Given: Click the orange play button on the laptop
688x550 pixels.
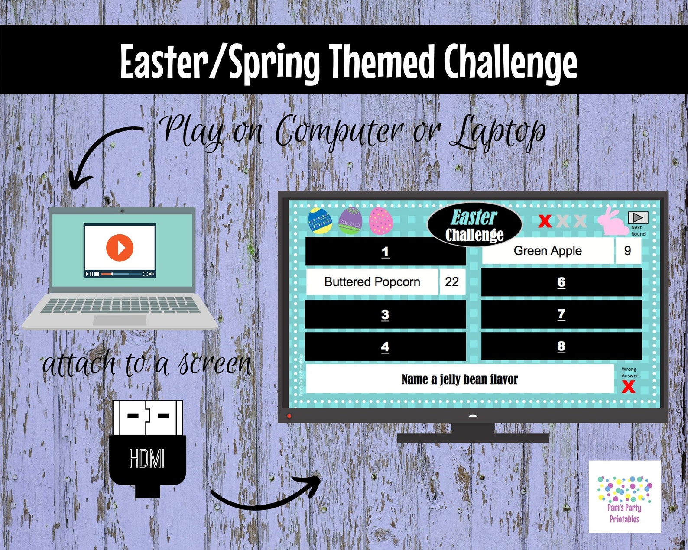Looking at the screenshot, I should (x=120, y=248).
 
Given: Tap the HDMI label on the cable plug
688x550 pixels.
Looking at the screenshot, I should (x=147, y=458).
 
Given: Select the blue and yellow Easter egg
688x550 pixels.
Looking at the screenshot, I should (x=320, y=220).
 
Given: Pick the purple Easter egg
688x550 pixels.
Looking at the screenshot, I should (x=350, y=221).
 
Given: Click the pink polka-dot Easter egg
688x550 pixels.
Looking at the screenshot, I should (x=381, y=221).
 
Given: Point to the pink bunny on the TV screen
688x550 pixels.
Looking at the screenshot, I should (x=612, y=222).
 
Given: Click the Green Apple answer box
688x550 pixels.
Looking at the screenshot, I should (x=548, y=251).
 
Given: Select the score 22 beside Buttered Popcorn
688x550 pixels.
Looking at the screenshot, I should (x=451, y=282).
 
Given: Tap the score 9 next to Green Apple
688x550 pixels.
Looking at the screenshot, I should (x=627, y=251).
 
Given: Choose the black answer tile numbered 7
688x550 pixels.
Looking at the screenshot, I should (x=561, y=314).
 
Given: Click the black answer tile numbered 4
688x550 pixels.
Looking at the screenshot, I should (x=385, y=346).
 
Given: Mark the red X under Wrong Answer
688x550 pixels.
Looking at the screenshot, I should (x=628, y=387).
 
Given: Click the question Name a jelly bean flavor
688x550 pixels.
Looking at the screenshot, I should (x=459, y=379).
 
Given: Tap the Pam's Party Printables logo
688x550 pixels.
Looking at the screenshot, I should (x=624, y=496).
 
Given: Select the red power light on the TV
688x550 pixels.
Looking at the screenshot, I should (x=289, y=416).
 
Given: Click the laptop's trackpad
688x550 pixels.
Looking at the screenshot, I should (x=120, y=320).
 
